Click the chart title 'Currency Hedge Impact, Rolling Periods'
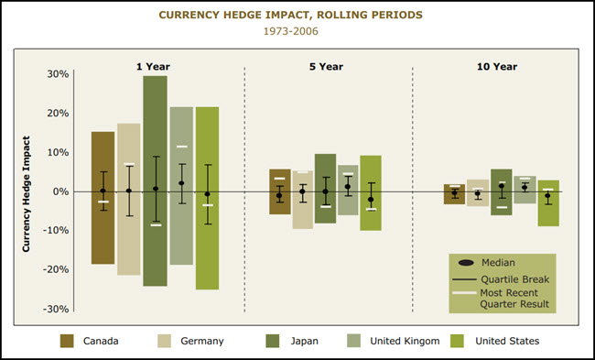297,16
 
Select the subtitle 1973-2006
297,31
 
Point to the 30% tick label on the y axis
58,74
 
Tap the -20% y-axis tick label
55,269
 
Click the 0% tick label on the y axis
60,191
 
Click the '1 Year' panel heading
153,67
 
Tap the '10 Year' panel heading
497,67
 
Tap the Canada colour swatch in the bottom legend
67,341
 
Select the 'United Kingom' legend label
406,341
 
